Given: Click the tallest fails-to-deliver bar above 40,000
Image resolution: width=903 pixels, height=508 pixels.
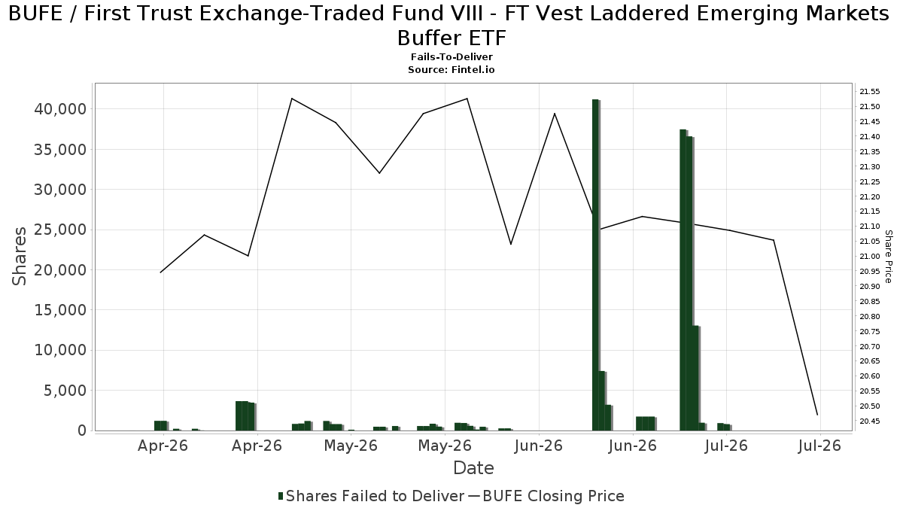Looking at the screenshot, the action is point(596,265).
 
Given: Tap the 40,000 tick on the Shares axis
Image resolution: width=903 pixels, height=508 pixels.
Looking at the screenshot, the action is point(60,109).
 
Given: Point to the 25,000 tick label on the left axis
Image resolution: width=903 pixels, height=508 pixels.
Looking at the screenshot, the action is point(60,230).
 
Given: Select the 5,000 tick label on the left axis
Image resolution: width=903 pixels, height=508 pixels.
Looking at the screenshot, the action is point(65,391).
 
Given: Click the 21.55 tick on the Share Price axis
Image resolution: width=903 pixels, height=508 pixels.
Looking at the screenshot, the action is point(869,92).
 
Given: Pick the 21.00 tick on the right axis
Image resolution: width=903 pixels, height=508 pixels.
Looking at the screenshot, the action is point(869,257).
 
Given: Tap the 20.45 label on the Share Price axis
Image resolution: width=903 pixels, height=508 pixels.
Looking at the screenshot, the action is point(869,421).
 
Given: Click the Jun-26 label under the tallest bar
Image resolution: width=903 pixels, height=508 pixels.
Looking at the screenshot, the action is point(633,446).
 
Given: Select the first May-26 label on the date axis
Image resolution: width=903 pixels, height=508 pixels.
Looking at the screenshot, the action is point(351,446).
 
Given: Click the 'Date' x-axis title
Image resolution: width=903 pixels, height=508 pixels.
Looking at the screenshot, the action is point(473,468).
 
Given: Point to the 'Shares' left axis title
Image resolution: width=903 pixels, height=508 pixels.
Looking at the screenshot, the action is point(19,257).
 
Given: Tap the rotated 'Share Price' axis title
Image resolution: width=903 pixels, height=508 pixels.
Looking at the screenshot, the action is point(888,257).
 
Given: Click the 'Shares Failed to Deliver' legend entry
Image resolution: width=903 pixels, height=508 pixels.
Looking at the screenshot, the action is point(371,496).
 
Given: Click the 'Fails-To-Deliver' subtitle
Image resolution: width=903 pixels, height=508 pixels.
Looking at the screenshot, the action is point(451,57).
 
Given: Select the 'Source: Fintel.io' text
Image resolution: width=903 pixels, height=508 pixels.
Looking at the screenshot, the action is point(451,70).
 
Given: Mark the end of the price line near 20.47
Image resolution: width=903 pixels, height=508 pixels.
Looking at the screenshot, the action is point(817,415).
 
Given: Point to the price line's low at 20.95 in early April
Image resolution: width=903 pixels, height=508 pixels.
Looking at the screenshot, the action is point(160,272).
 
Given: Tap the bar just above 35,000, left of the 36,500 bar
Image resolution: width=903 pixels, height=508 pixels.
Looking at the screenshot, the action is point(683,280).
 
